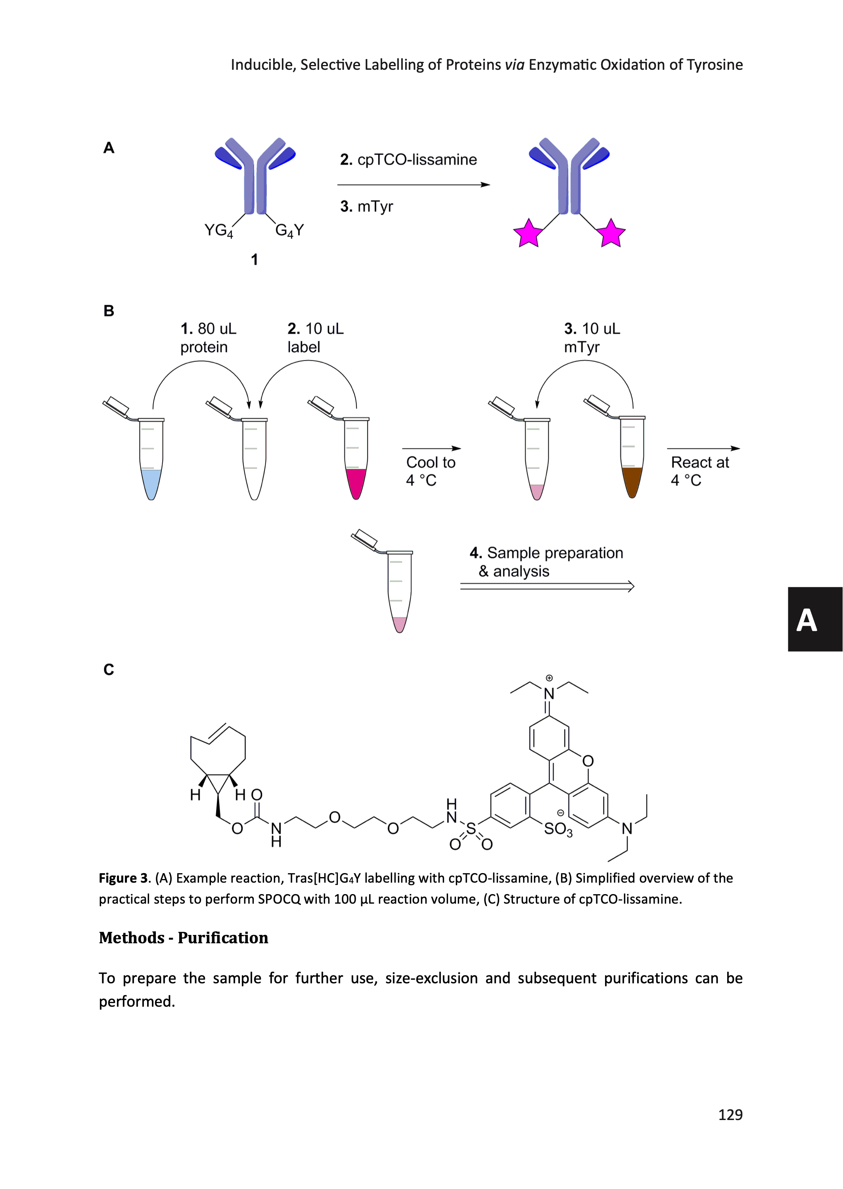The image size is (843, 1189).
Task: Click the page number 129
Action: [730, 1115]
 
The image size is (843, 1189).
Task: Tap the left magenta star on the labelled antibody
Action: [528, 233]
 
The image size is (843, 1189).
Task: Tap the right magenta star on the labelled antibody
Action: [611, 233]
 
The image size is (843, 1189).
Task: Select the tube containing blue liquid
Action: [151, 459]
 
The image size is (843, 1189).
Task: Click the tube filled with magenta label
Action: [356, 459]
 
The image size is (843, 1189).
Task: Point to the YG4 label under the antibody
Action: [218, 230]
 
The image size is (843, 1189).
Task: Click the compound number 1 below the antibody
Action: [254, 259]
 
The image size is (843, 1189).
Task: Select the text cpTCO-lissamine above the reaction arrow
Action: [417, 160]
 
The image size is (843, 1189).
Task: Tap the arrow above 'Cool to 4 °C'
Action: [431, 449]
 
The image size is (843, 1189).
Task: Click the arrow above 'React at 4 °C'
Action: [703, 449]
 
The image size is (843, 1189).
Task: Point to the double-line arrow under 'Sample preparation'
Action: [547, 587]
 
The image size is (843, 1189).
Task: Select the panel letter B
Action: [109, 311]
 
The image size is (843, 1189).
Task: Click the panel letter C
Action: [109, 670]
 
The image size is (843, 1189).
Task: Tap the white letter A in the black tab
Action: [806, 620]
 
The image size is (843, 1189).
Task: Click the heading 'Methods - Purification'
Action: [183, 938]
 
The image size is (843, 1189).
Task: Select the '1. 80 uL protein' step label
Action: [208, 338]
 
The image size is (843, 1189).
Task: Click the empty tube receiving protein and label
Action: [254, 459]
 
